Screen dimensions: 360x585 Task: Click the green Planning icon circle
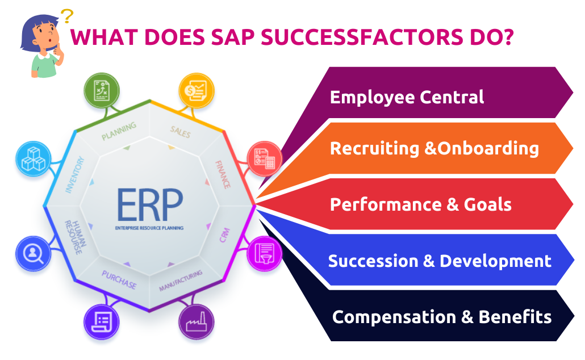click(102, 91)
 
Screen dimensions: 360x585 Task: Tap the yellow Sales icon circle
click(197, 91)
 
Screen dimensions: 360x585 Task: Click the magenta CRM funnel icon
click(264, 253)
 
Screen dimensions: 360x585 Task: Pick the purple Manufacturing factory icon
click(197, 321)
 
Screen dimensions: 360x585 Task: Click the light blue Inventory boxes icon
click(34, 158)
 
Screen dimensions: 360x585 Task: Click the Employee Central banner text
click(407, 97)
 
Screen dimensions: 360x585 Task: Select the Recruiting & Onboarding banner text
click(434, 148)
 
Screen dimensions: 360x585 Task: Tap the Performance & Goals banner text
click(420, 204)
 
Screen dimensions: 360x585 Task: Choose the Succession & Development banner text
click(440, 261)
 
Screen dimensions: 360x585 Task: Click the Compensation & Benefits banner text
click(441, 316)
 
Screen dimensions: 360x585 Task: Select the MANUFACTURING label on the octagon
click(181, 281)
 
